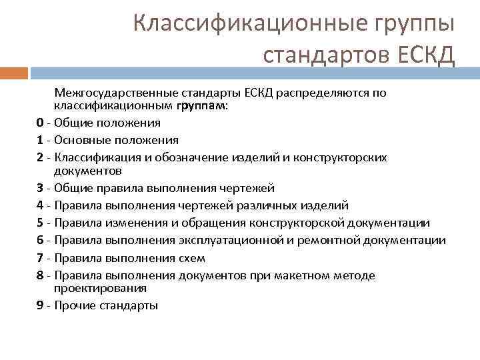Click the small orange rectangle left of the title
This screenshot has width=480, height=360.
click(x=14, y=72)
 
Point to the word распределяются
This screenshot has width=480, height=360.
click(x=319, y=93)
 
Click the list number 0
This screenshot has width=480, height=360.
click(x=41, y=123)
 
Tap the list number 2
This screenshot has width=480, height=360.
click(x=41, y=157)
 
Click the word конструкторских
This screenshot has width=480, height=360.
click(x=345, y=157)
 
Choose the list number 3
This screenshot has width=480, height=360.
click(x=41, y=188)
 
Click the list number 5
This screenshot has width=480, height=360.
click(x=41, y=223)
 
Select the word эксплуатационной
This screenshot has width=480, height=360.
click(x=229, y=240)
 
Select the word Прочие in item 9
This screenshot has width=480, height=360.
click(x=75, y=306)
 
